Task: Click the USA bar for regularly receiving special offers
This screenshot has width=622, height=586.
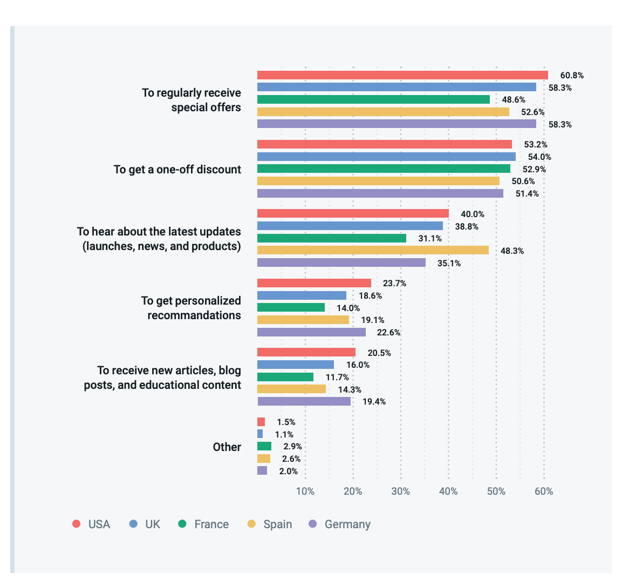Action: click(x=402, y=75)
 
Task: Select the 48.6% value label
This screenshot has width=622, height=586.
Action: click(x=513, y=100)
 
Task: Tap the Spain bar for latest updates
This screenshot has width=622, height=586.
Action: click(x=373, y=250)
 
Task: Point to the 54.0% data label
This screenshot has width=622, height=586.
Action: click(x=539, y=157)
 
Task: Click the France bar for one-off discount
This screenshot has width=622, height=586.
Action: click(x=384, y=169)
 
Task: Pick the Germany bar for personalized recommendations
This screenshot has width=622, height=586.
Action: click(x=311, y=332)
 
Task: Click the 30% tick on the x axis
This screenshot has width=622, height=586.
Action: click(x=401, y=491)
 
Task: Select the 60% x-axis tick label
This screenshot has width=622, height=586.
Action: click(x=544, y=491)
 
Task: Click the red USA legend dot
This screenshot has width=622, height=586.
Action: click(x=77, y=524)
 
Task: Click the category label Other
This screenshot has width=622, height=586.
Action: click(x=227, y=447)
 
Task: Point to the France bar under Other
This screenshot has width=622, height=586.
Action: click(x=264, y=446)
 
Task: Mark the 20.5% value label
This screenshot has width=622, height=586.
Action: click(x=379, y=353)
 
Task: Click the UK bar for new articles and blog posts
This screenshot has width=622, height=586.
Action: click(x=296, y=365)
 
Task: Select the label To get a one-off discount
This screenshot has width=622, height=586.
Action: click(x=177, y=169)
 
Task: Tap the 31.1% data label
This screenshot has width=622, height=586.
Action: click(x=430, y=238)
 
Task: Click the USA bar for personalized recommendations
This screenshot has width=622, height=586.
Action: click(x=314, y=283)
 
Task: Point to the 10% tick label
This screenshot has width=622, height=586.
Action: click(x=305, y=491)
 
